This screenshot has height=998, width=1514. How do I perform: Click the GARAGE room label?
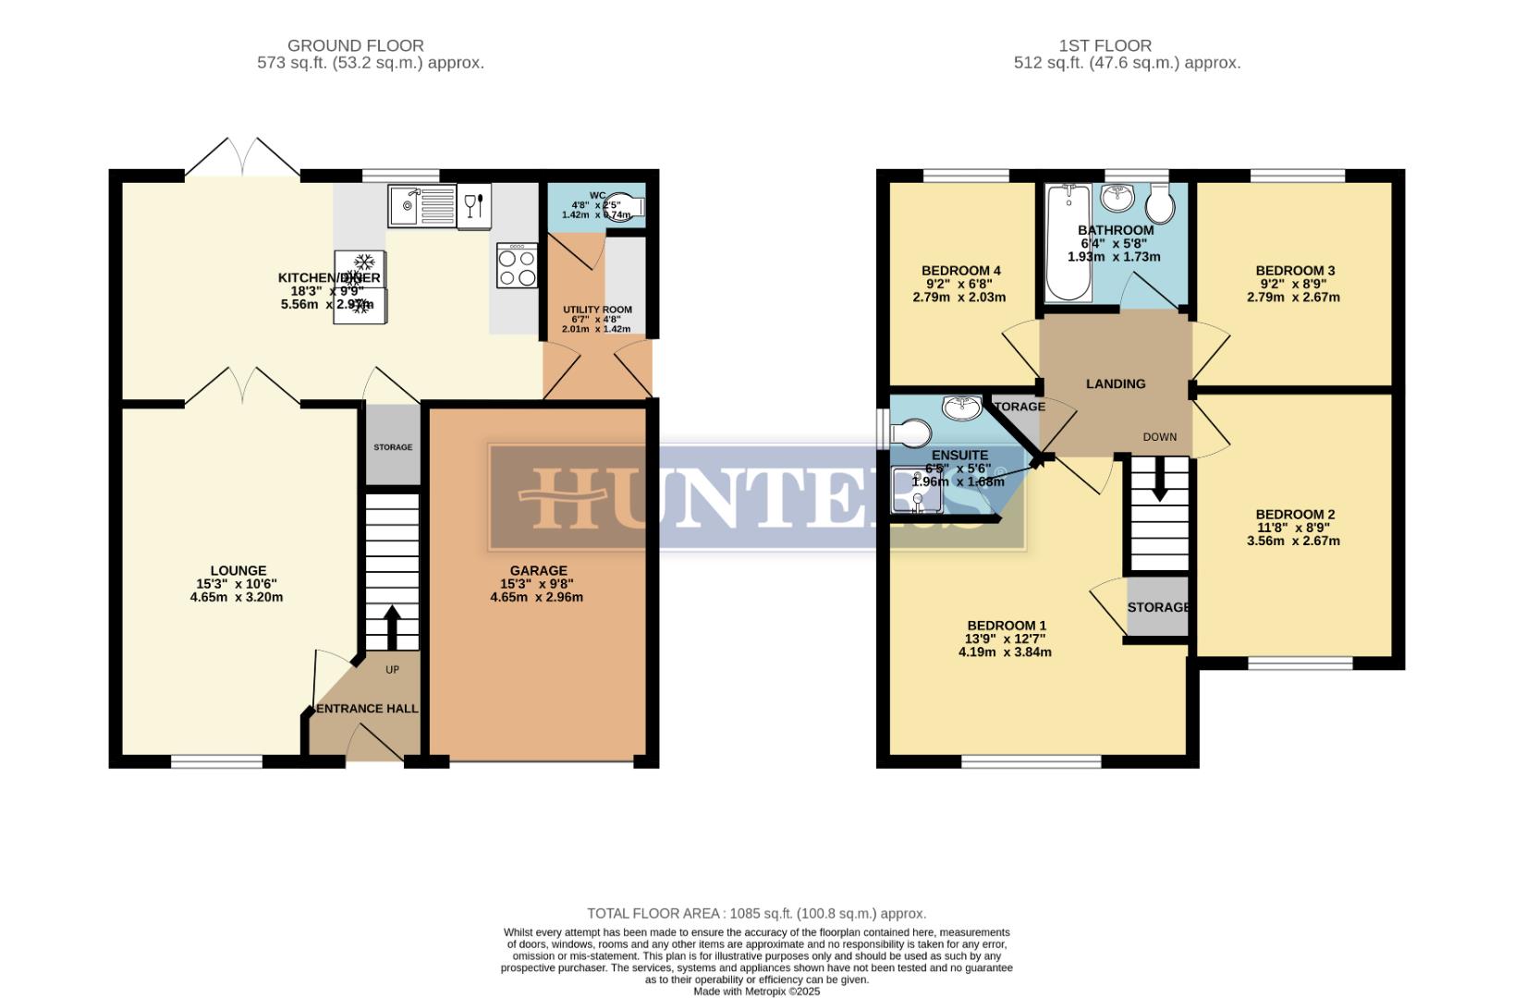pyautogui.click(x=538, y=571)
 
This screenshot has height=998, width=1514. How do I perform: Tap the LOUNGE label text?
pyautogui.click(x=238, y=571)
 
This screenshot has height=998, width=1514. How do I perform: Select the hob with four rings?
pyautogui.click(x=517, y=266)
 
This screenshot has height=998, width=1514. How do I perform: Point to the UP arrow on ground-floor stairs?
pyautogui.click(x=391, y=627)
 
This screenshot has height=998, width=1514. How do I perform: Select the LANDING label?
pyautogui.click(x=1116, y=383)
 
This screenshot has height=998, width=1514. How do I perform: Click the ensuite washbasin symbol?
pyautogui.click(x=962, y=406)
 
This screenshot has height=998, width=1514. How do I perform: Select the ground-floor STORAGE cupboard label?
pyautogui.click(x=393, y=447)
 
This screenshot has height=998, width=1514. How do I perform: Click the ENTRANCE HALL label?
pyautogui.click(x=367, y=709)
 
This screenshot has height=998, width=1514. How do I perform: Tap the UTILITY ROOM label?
pyautogui.click(x=597, y=310)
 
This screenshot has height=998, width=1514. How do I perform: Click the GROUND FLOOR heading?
pyautogui.click(x=355, y=45)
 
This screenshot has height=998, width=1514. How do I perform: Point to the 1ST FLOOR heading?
pyautogui.click(x=1105, y=45)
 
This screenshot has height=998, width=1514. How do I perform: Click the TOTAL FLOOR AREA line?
pyautogui.click(x=756, y=913)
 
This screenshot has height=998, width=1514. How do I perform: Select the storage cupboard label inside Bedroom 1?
pyautogui.click(x=1157, y=607)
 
